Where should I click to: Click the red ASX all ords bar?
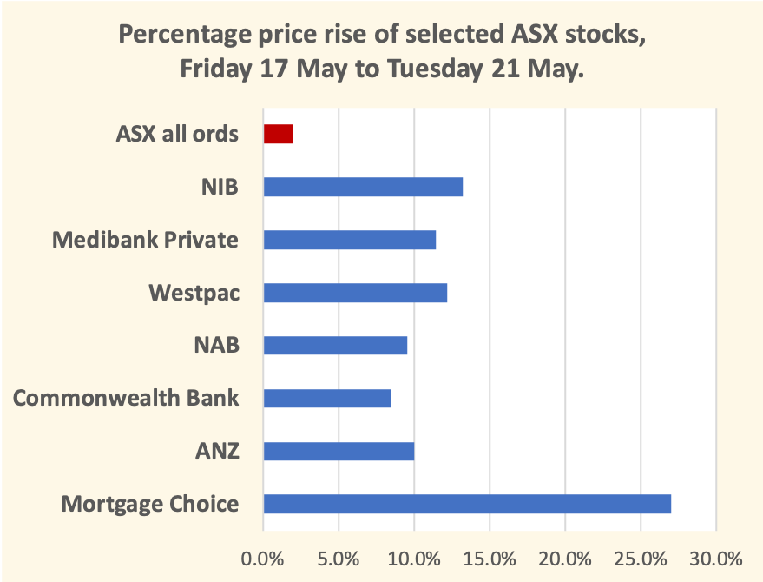[278, 134]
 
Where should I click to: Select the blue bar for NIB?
[363, 187]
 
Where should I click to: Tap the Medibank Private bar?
[349, 240]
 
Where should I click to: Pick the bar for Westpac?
[355, 293]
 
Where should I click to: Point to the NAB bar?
[335, 346]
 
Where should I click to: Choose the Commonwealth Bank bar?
[326, 398]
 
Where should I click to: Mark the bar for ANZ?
[339, 451]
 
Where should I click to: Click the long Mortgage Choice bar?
[467, 504]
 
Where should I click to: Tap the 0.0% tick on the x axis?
[263, 557]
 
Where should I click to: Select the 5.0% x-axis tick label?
[339, 557]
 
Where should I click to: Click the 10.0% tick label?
[414, 557]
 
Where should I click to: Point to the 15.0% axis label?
[490, 557]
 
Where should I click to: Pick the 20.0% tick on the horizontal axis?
[565, 557]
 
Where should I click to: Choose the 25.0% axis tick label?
[641, 557]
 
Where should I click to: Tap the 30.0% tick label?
[716, 557]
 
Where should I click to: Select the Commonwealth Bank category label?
[126, 398]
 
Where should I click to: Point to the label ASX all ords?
[177, 135]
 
